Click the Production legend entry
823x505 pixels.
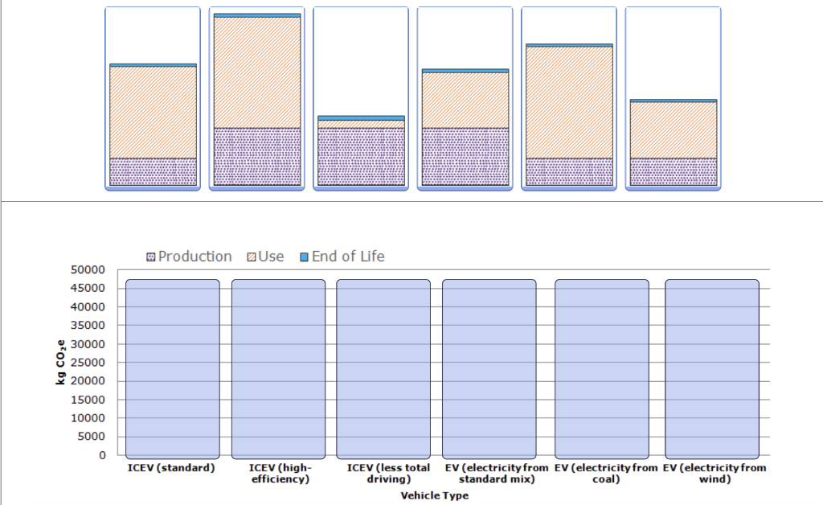189,257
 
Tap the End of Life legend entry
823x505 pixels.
342,257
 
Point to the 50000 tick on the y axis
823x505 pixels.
91,269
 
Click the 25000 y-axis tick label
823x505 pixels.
91,363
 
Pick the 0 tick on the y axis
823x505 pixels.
102,455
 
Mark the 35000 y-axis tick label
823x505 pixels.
91,326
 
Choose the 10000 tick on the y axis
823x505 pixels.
91,418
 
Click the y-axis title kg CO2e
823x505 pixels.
61,363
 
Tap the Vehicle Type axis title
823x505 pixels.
434,495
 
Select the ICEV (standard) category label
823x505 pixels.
171,468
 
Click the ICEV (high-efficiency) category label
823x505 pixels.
279,474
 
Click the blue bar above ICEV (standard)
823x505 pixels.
173,368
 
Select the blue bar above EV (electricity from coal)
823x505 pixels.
601,368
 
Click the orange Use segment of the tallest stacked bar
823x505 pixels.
257,72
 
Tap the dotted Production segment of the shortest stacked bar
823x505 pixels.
361,157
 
